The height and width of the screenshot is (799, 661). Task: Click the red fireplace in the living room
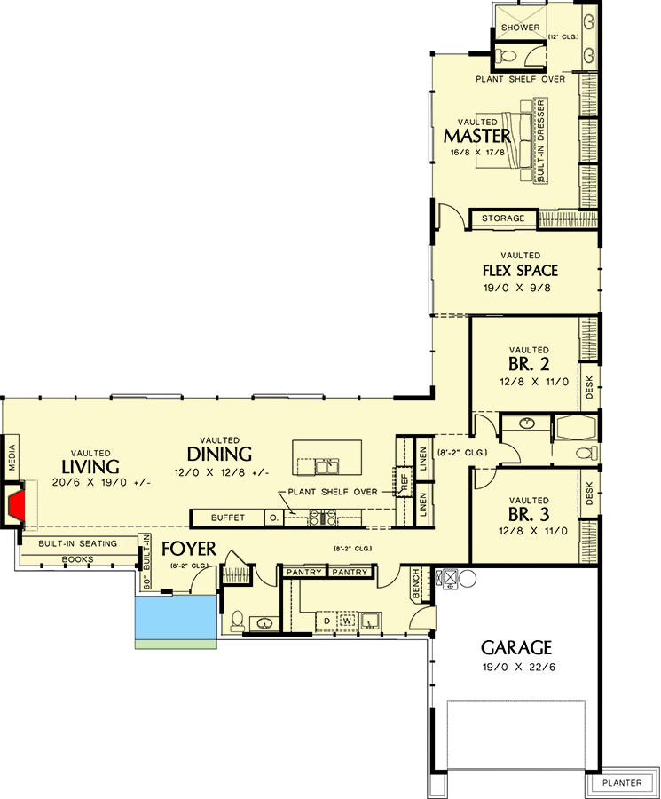pyautogui.click(x=17, y=506)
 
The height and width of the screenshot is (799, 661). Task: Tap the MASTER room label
pyautogui.click(x=476, y=136)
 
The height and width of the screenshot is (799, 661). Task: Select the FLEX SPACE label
pyautogui.click(x=520, y=270)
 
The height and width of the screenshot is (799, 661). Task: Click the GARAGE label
pyautogui.click(x=516, y=647)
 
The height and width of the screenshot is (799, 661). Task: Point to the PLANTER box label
pyautogui.click(x=621, y=783)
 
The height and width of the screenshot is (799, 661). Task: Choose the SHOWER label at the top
pyautogui.click(x=520, y=28)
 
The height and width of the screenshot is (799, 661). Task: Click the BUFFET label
pyautogui.click(x=227, y=517)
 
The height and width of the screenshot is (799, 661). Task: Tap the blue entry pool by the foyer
pyautogui.click(x=176, y=617)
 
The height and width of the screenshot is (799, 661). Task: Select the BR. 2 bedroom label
pyautogui.click(x=529, y=364)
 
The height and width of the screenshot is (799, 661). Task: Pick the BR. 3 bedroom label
pyautogui.click(x=529, y=515)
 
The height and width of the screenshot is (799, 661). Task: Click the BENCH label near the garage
pyautogui.click(x=416, y=584)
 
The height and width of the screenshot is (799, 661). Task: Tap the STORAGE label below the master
pyautogui.click(x=503, y=218)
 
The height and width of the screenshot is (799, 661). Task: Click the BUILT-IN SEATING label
pyautogui.click(x=77, y=543)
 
